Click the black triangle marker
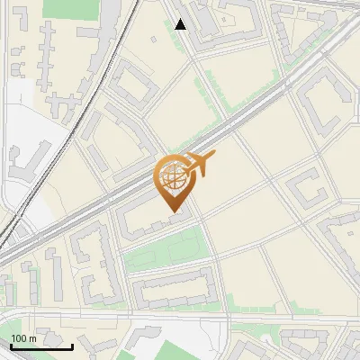[181, 24]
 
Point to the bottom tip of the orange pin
[175, 212]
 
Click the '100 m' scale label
[23, 338]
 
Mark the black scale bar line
[41, 346]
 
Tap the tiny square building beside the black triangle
[167, 13]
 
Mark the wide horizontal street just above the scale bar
[108, 317]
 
